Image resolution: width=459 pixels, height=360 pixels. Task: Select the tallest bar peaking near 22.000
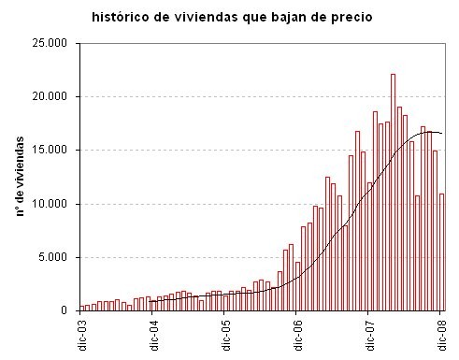click(x=394, y=192)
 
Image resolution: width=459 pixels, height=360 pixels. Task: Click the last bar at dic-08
click(x=441, y=252)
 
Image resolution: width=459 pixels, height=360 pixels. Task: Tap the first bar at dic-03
click(x=81, y=308)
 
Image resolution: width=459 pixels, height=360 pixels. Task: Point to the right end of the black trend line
click(x=442, y=134)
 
